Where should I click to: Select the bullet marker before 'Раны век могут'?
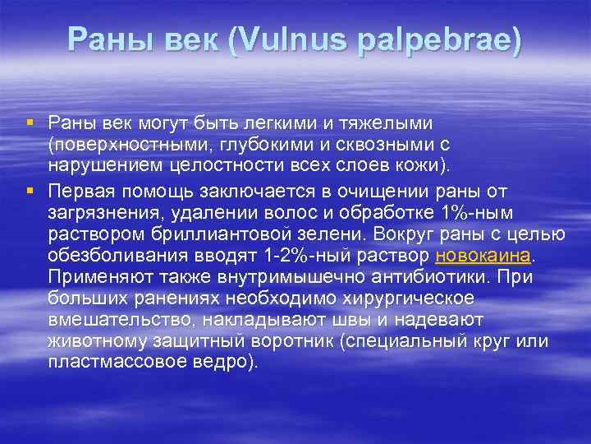(x=30, y=123)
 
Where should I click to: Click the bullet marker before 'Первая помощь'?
(x=30, y=192)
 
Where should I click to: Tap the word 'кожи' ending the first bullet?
(x=421, y=167)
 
